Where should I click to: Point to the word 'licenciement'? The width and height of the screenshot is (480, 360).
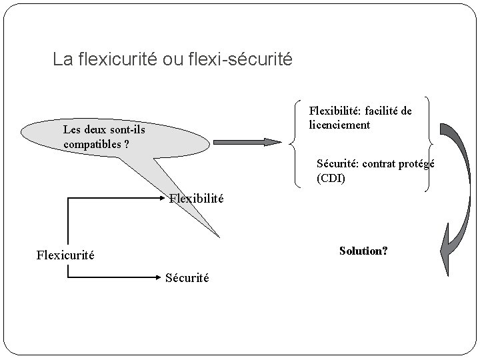(340, 124)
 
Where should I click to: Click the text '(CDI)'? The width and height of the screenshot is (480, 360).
(331, 179)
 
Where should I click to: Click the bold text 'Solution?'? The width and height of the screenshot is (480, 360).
(363, 251)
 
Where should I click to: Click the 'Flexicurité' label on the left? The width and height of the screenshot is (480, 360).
(65, 254)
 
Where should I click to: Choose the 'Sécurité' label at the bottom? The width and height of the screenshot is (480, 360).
(187, 278)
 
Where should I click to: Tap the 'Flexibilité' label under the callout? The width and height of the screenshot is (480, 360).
(197, 198)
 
